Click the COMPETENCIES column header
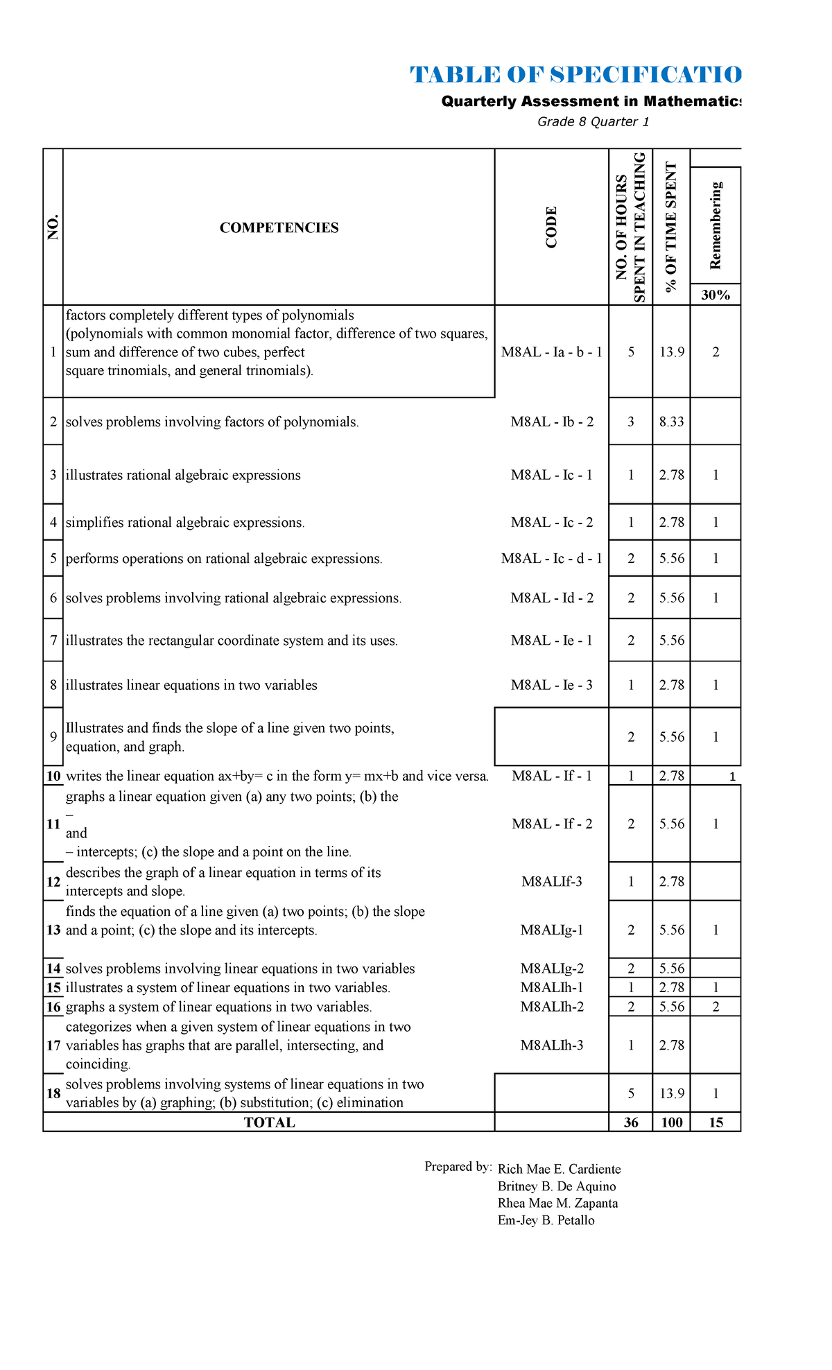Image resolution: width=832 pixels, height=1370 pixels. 279,228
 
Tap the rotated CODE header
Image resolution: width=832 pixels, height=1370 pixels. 551,227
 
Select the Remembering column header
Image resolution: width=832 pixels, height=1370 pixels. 716,225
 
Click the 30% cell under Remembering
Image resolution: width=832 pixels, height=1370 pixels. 716,295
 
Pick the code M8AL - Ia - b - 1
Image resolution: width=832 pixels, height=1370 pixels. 552,352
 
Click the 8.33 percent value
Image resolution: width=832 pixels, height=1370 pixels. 671,422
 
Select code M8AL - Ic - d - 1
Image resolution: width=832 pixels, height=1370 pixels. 552,559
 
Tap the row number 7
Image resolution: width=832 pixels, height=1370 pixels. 53,641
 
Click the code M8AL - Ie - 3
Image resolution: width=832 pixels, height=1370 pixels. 552,686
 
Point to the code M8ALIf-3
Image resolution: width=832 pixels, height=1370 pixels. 552,882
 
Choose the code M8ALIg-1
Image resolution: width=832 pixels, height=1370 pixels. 552,930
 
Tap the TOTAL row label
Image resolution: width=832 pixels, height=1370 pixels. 269,1122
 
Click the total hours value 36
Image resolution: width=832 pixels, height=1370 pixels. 630,1122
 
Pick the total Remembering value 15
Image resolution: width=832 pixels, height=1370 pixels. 716,1122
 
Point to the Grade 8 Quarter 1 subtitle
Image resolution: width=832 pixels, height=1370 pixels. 593,122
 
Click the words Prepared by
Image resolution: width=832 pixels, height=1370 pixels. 458,1167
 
